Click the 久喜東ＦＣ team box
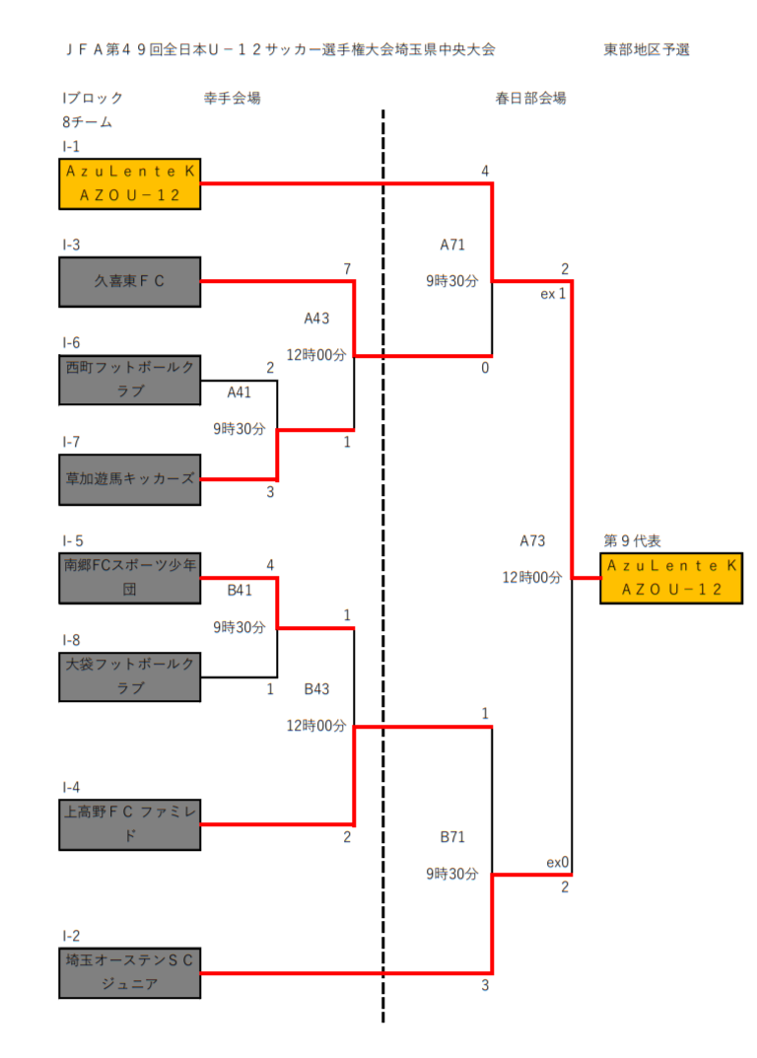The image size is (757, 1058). [x=130, y=282]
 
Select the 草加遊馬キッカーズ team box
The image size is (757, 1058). [x=130, y=479]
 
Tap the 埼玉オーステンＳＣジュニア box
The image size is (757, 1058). [x=130, y=972]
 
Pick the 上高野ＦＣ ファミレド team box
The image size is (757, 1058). [x=130, y=824]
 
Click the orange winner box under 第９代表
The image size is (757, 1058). [x=671, y=578]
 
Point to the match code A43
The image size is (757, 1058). [x=316, y=318]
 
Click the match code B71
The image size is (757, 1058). [x=452, y=837]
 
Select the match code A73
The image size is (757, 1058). [x=532, y=540]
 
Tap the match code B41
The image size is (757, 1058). [x=240, y=590]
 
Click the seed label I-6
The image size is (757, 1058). [x=71, y=343]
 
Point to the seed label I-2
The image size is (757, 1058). [x=71, y=935]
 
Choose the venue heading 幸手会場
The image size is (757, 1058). [x=232, y=99]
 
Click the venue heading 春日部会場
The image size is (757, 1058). [x=530, y=99]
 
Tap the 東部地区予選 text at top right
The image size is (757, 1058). [x=647, y=49]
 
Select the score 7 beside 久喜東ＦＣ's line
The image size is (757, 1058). [x=347, y=269]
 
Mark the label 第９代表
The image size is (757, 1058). [x=632, y=540]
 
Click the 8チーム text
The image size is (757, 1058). [x=87, y=122]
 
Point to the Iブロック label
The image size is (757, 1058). [x=93, y=99]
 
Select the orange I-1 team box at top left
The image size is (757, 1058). [x=130, y=183]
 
